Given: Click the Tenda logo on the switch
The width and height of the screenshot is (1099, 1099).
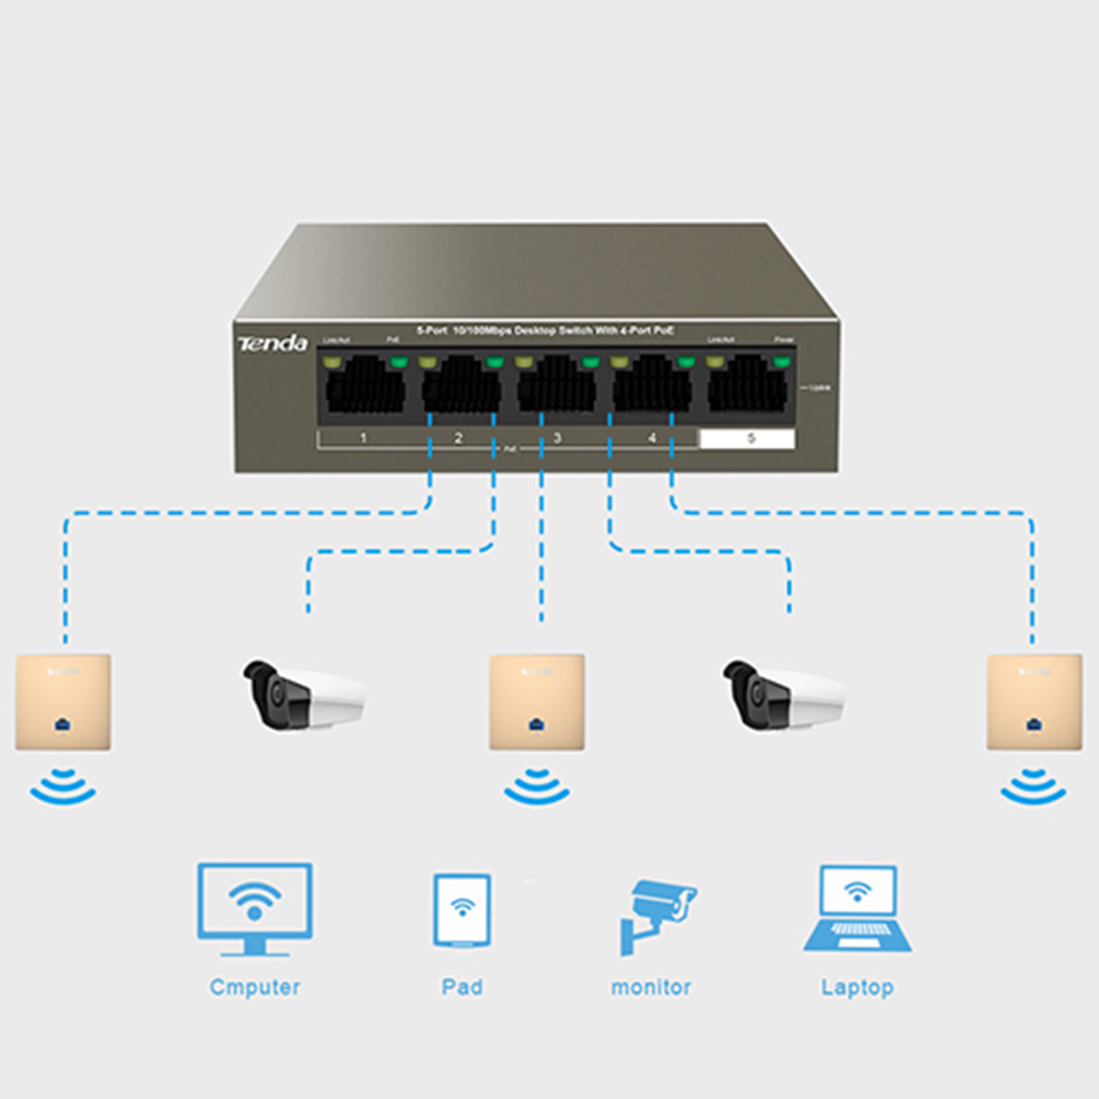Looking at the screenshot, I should (272, 343).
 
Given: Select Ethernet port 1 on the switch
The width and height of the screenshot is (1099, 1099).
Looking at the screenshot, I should (365, 386).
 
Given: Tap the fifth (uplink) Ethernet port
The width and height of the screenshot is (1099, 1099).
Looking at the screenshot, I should (747, 386).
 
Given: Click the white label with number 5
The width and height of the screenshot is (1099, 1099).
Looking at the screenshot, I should (748, 438).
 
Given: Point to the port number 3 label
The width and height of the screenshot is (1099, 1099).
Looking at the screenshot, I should (556, 438).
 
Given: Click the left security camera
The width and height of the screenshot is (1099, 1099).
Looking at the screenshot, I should (303, 695).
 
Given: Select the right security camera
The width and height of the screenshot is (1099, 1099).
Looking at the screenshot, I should (783, 695).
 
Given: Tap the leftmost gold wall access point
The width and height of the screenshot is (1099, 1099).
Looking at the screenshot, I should (63, 702).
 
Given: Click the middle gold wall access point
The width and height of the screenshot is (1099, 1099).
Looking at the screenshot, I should (537, 702).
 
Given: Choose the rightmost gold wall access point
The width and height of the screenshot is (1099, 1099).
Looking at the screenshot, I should (1034, 702).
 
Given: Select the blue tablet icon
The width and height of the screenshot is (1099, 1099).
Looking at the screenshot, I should (462, 911).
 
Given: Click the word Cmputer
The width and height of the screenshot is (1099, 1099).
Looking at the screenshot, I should (255, 987).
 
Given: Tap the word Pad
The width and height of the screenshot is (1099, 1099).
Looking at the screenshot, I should (462, 987).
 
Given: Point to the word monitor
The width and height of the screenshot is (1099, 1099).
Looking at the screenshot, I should (651, 987).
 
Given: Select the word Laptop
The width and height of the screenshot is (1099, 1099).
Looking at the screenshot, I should (858, 987).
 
